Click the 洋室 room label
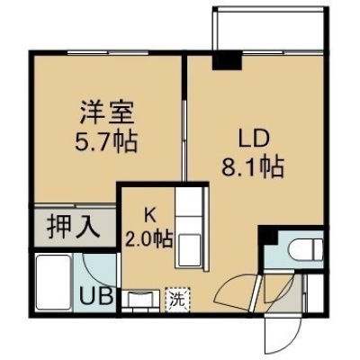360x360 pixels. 107,113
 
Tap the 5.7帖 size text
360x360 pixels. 106,140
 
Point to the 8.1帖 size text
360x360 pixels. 253,166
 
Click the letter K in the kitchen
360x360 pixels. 149,215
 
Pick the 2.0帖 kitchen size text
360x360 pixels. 149,239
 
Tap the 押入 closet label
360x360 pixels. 73,227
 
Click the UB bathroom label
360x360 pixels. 96,295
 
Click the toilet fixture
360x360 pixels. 305,249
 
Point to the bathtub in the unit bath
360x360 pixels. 53,282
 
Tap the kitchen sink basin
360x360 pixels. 188,249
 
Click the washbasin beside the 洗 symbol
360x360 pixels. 140,299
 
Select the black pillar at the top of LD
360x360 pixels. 227,60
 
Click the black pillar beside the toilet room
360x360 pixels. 269,236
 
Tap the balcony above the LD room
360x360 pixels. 268,30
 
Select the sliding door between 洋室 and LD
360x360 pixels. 184,140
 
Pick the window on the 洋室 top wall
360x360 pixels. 108,53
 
